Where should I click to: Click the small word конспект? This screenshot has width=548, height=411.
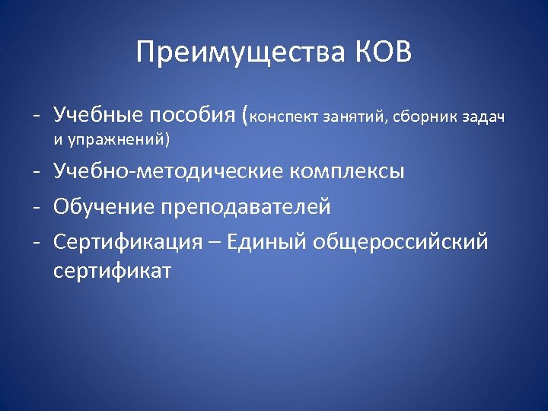285,117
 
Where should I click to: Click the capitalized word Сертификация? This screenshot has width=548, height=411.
128,242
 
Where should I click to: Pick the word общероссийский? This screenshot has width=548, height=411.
402,242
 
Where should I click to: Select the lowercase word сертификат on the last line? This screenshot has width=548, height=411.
113,270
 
